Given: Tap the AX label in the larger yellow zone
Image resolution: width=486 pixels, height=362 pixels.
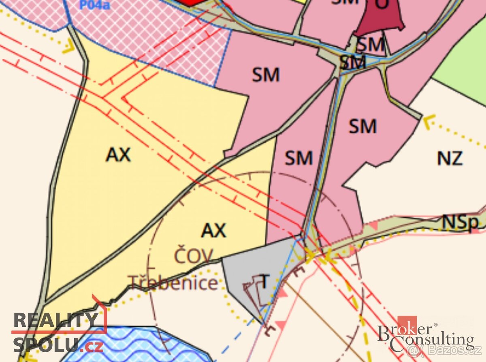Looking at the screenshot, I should (x=118, y=154).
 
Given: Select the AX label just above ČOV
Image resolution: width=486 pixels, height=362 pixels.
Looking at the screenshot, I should (x=214, y=230).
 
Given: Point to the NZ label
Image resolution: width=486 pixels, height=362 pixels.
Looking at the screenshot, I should (x=450, y=158).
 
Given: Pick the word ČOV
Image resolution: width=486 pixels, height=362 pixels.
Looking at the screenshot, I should (x=194, y=256).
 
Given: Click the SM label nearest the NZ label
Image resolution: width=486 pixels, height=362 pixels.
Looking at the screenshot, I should (x=362, y=126).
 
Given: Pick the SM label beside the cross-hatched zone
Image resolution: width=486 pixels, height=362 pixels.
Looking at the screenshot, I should (x=266, y=75).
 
